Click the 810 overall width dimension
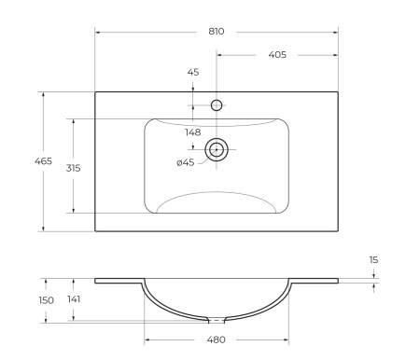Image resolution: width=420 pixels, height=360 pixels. pos(216,31)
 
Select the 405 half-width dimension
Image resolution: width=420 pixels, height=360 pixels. pos(276,55)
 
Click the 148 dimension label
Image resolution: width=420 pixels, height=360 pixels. pos(192,132)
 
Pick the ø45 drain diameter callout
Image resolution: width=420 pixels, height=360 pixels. pos(185,163)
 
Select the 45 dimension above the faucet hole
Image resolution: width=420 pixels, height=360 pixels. pos(193,72)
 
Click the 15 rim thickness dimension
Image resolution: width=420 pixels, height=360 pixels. pos(373,259)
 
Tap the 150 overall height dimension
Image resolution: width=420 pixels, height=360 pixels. pos(45,300)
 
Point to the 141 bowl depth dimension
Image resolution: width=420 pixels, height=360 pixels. pos(73,300)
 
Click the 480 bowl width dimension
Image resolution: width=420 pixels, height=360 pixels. pos(216,340)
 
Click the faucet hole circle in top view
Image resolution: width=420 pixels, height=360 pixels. pos(217,105)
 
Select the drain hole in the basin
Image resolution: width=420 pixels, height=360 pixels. pos(217,149)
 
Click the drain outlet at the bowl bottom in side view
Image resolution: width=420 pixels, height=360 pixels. pos(216,317)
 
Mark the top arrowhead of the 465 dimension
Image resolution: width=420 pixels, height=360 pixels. pos(43,94)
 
